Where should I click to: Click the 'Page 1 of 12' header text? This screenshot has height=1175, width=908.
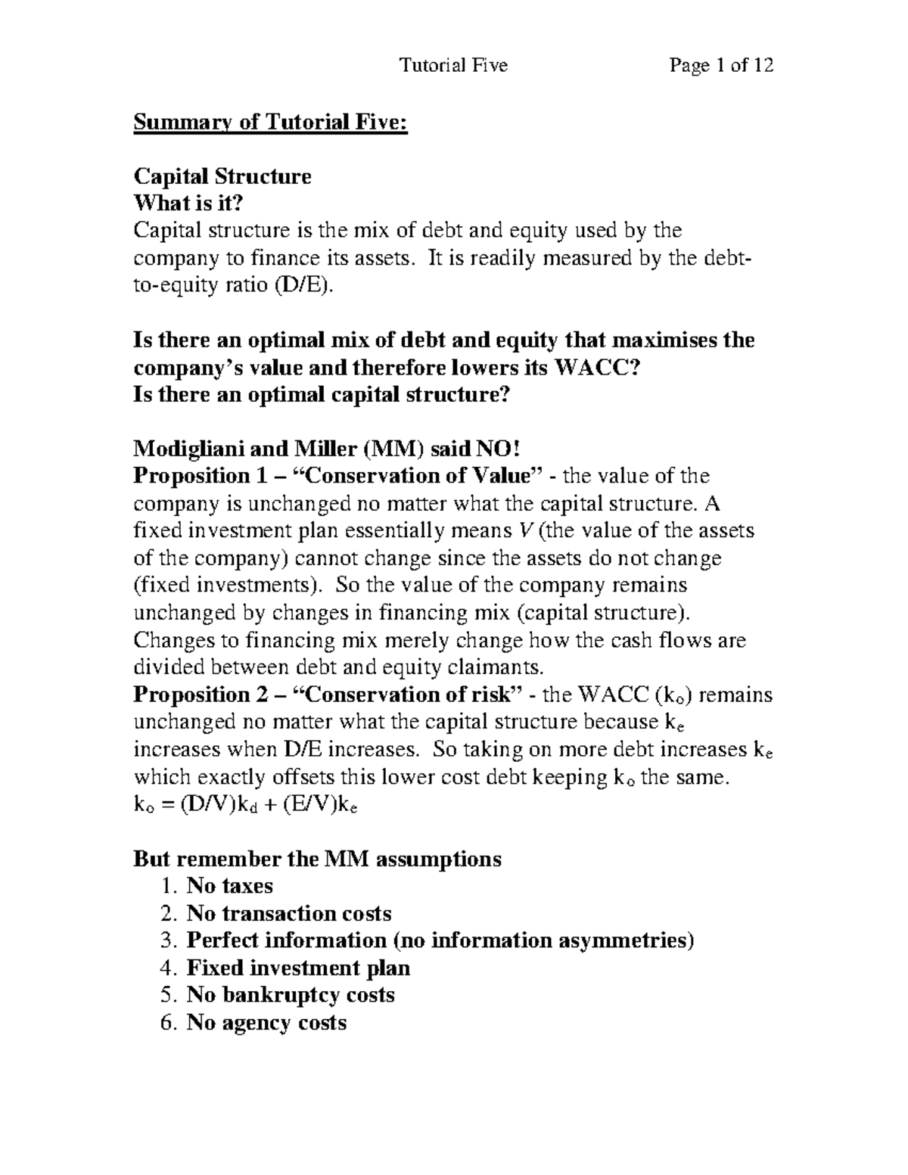point(720,66)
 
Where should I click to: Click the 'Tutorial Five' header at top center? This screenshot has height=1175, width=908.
point(453,66)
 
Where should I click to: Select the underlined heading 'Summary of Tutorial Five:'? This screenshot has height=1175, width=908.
point(271,122)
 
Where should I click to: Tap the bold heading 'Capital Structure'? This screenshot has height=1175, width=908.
point(222,176)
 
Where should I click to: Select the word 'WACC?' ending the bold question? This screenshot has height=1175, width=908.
point(602,368)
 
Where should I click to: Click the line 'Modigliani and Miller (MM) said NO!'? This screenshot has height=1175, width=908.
point(327,449)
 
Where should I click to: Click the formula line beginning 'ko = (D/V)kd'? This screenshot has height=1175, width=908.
point(246,805)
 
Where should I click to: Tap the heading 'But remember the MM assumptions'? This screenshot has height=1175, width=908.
point(317,859)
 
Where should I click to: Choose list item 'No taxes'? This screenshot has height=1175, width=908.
point(229,886)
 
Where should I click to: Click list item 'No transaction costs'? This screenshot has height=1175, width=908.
point(289,913)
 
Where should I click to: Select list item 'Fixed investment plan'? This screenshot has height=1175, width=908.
point(298,968)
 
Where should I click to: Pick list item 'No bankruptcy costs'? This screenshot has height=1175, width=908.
point(291,995)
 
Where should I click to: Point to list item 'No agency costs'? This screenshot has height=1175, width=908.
point(266,1022)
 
